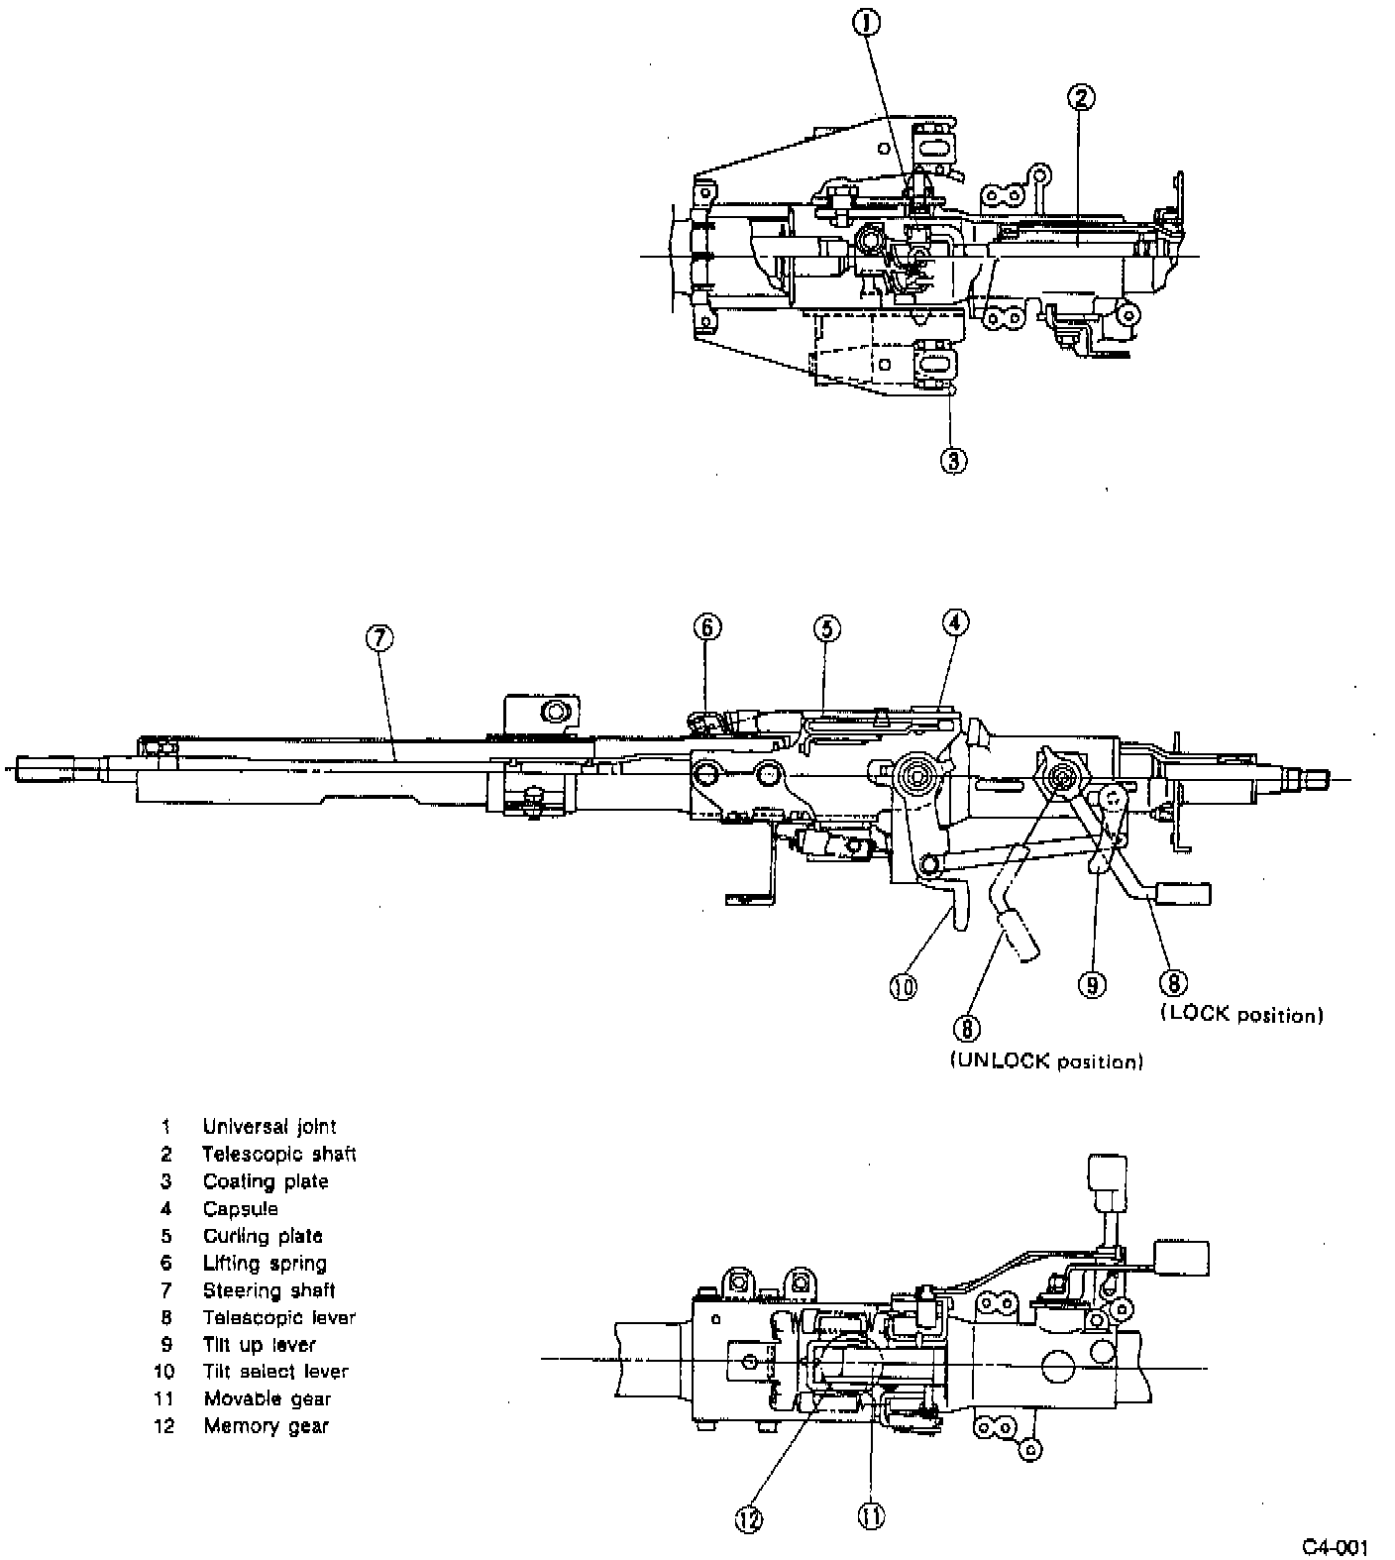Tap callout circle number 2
1081,97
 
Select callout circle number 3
953,460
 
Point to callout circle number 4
954,622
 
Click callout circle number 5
827,627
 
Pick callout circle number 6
706,627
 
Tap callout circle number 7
379,638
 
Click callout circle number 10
904,986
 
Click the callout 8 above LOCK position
1172,982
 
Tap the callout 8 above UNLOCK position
967,1028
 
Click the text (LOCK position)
1240,1015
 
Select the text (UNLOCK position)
1046,1061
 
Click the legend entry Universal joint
268,1127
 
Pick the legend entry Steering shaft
268,1290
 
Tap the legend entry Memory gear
266,1426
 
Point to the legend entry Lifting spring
265,1264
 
